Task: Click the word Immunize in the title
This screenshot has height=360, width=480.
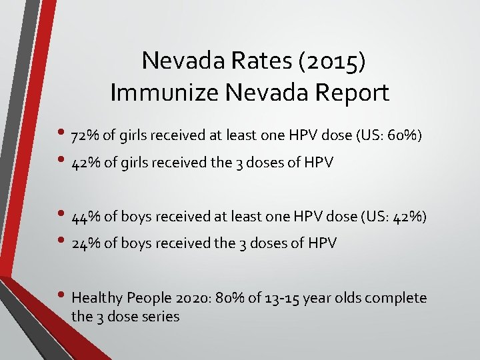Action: (x=163, y=93)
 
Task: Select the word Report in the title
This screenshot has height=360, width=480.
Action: (x=351, y=93)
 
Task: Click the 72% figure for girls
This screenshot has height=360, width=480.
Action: (x=86, y=137)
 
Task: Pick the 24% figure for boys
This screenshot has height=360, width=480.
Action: (x=86, y=243)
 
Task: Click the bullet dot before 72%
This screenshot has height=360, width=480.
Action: (x=63, y=135)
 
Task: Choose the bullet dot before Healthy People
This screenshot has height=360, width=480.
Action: (x=63, y=296)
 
